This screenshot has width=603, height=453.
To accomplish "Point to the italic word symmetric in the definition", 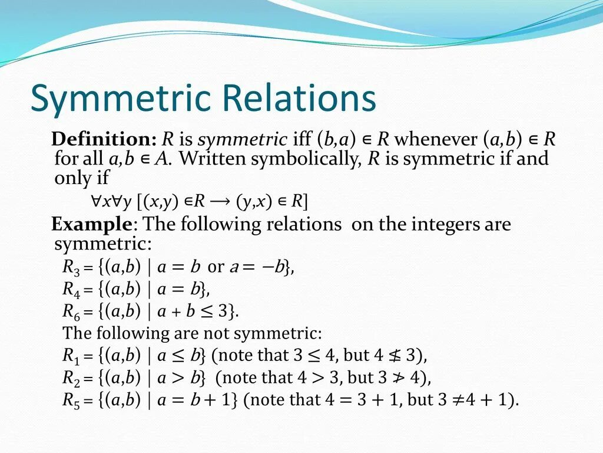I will coord(242,140).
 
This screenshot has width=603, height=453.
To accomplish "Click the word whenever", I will coord(435,140).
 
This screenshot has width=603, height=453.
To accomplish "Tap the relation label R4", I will coord(70,289).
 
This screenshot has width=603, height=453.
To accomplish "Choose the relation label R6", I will coord(70,311).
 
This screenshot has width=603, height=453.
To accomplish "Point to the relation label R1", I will coord(70,356).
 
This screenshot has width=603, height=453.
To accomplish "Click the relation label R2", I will coord(70,377).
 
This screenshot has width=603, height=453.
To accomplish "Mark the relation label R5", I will coord(70,399).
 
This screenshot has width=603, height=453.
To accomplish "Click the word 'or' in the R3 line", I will coord(216,267).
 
